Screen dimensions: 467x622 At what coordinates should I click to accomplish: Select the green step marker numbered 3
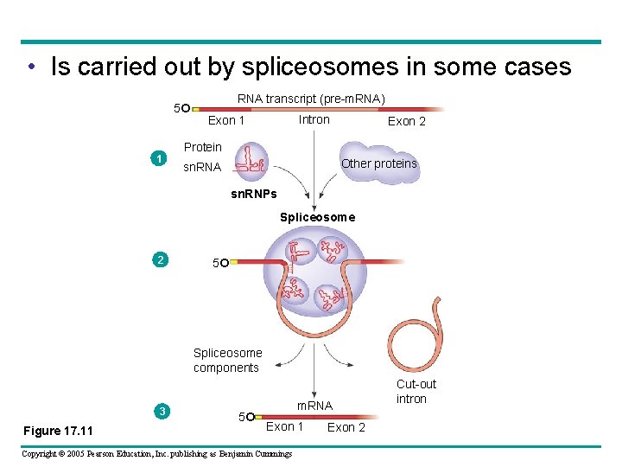pyautogui.click(x=162, y=411)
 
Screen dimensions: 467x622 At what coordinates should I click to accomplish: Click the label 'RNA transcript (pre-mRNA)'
pyautogui.click(x=311, y=99)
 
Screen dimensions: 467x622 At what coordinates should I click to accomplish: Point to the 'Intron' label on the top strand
pyautogui.click(x=314, y=119)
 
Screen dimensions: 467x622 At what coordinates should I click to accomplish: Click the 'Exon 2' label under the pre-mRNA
pyautogui.click(x=406, y=121)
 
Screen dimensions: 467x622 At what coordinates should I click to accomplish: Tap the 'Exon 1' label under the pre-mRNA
pyautogui.click(x=226, y=120)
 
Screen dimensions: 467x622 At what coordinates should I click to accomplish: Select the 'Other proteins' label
pyautogui.click(x=378, y=163)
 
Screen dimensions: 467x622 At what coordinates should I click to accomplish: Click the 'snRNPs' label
pyautogui.click(x=254, y=194)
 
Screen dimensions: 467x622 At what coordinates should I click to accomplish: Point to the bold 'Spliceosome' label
pyautogui.click(x=317, y=217)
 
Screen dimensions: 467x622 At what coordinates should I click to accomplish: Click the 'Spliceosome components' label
pyautogui.click(x=227, y=360)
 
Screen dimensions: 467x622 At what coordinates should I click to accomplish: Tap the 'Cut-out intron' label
pyautogui.click(x=416, y=391)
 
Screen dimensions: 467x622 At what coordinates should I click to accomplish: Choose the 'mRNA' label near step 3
pyautogui.click(x=314, y=406)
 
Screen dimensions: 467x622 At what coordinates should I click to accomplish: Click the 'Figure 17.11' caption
pyautogui.click(x=58, y=431)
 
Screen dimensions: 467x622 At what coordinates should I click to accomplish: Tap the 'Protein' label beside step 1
pyautogui.click(x=202, y=147)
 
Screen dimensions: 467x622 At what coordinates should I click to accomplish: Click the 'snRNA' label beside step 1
pyautogui.click(x=202, y=167)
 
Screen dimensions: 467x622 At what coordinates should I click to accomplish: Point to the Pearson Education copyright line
pyautogui.click(x=156, y=454)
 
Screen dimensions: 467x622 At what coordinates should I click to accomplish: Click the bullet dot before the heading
pyautogui.click(x=30, y=67)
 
